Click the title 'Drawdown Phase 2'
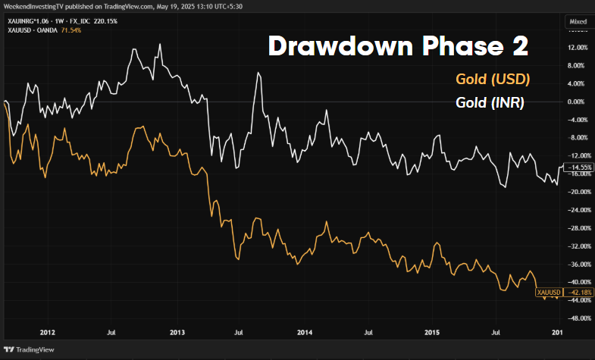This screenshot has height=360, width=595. click(398, 46)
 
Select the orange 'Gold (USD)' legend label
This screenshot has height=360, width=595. click(492, 80)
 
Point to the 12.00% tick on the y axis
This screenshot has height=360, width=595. click(578, 48)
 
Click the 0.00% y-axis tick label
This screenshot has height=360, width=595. click(578, 102)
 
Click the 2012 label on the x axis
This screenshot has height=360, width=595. click(47, 333)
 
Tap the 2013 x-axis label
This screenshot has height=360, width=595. click(177, 333)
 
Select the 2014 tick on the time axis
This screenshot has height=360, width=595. click(305, 333)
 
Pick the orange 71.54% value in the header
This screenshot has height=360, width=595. click(73, 30)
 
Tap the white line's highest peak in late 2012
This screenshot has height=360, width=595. click(161, 44)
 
